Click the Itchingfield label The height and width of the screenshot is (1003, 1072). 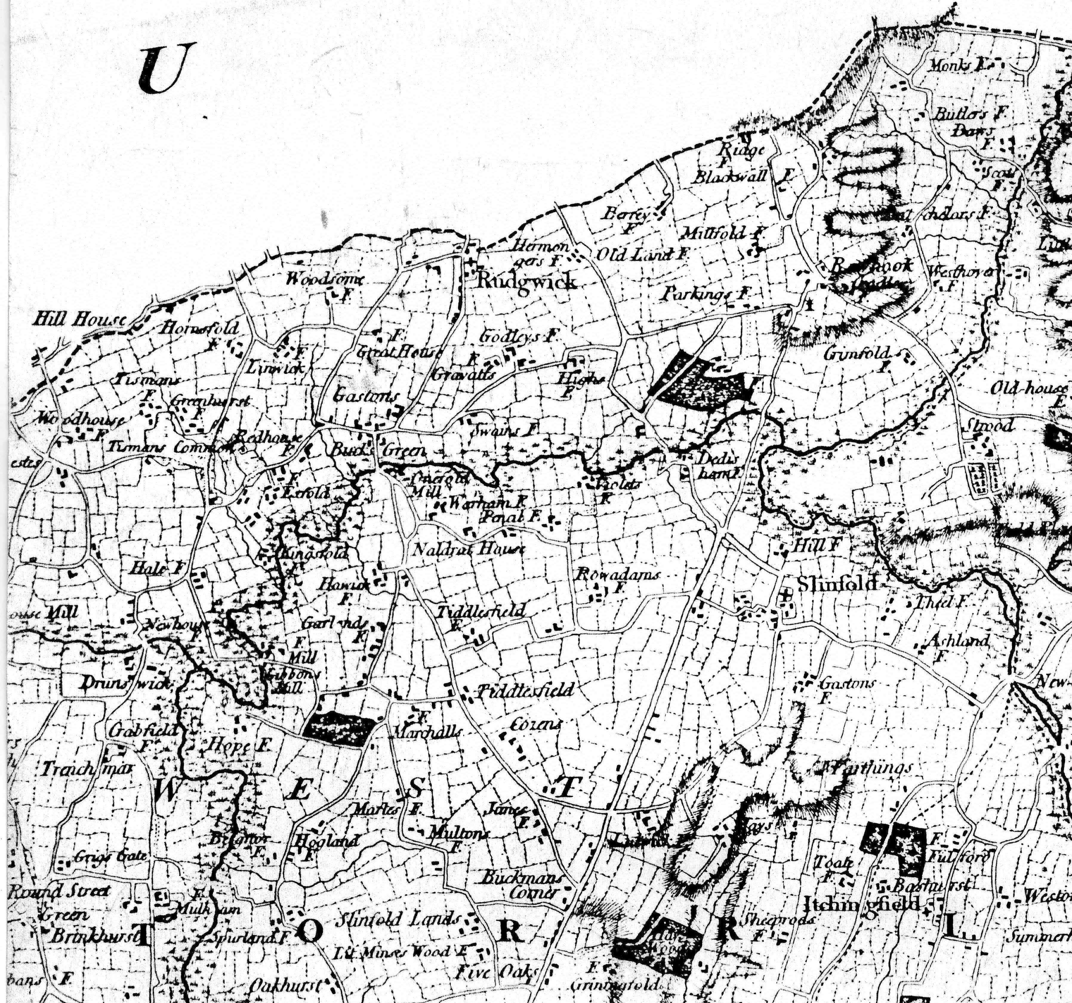tap(861, 903)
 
